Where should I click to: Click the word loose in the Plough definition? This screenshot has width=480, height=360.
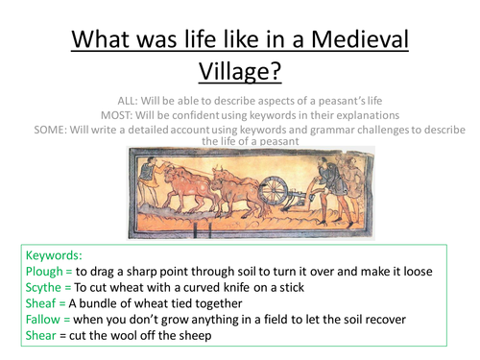tap(441, 272)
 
